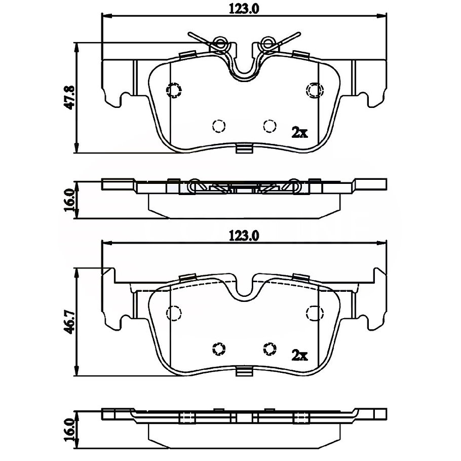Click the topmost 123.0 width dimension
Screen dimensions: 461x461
click(244, 9)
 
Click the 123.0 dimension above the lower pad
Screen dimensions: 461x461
click(244, 235)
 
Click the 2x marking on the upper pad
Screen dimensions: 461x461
click(299, 132)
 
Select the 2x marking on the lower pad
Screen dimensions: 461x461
click(299, 355)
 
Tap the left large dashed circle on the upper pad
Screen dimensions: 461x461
click(174, 90)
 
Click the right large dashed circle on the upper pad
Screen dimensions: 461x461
click(315, 90)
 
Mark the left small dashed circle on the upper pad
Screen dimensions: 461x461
click(218, 125)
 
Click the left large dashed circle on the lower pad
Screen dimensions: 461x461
click(174, 314)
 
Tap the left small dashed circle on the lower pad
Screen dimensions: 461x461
click(219, 349)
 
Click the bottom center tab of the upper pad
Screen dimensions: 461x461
click(244, 149)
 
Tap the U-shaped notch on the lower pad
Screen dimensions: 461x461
click(244, 289)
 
